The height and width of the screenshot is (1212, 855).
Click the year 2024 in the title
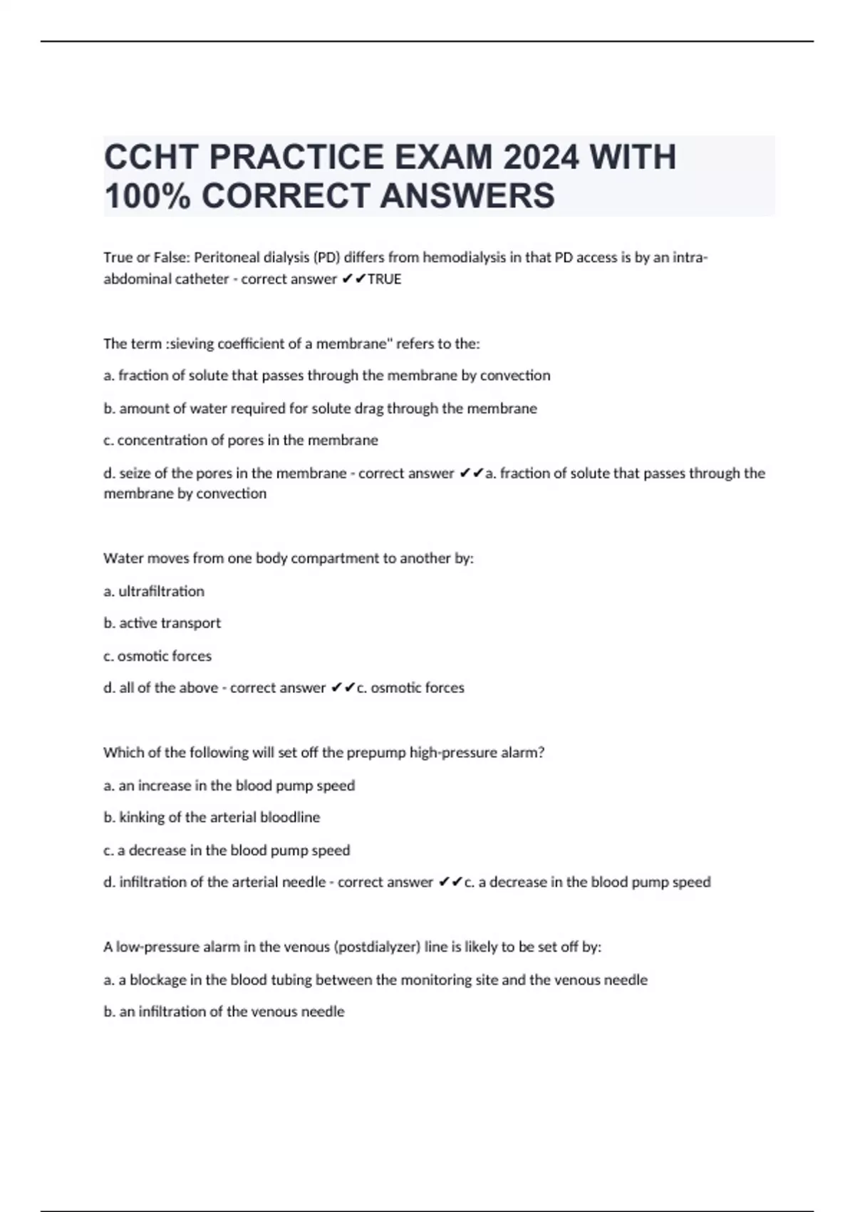pos(541,157)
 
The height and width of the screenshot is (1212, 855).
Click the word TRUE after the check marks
pos(385,279)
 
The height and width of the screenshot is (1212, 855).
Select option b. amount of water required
pos(320,409)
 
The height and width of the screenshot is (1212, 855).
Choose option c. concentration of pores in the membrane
pos(241,441)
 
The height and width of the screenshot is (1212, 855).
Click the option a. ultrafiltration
pos(154,591)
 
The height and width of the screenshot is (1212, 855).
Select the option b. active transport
pos(162,623)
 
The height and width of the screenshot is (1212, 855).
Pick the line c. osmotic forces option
pos(157,656)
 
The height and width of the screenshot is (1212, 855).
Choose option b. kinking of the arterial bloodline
pos(212,818)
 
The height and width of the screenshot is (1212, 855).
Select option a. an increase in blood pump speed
pos(229,786)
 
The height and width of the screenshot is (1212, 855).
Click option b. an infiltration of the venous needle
pos(224,1012)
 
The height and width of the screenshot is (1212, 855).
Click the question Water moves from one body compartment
pos(289,558)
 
